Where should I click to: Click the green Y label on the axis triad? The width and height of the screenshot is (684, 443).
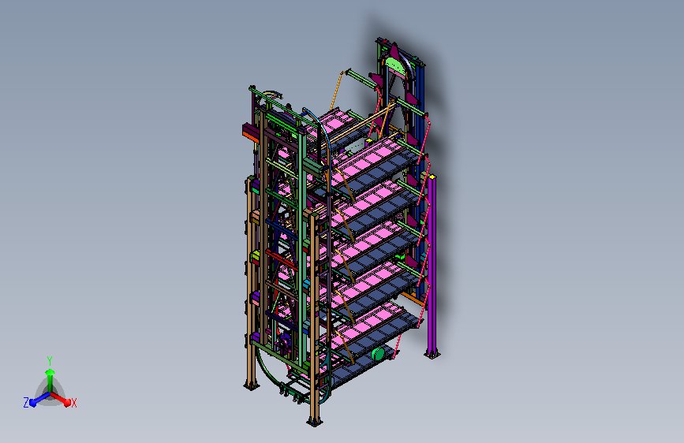[50, 360]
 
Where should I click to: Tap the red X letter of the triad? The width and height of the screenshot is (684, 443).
[73, 403]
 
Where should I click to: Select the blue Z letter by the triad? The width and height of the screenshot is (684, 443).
[26, 403]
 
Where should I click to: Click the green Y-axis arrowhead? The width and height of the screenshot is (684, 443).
[50, 372]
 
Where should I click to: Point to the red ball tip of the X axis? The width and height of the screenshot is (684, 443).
[67, 403]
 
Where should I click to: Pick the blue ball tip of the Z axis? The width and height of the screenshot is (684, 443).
[32, 403]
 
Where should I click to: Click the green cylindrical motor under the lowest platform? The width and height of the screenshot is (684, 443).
[378, 354]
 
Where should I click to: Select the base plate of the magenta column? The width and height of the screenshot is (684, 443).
[432, 355]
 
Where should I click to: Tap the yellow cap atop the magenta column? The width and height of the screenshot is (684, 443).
[432, 177]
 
